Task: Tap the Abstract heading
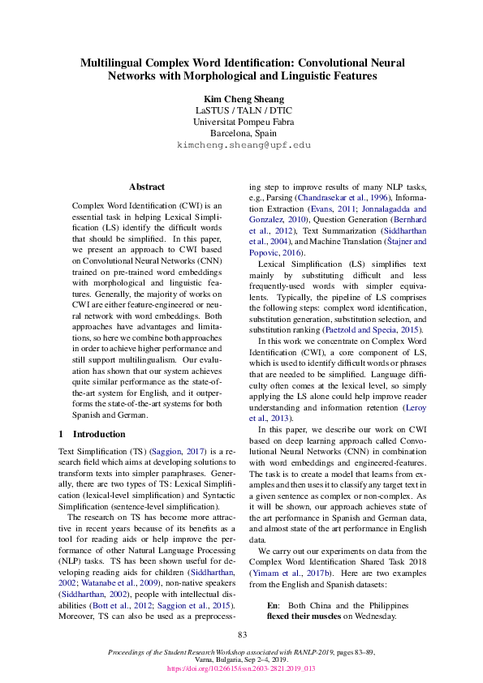pyautogui.click(x=147, y=186)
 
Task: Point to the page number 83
pyautogui.click(x=241, y=634)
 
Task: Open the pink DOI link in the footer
pyautogui.click(x=241, y=669)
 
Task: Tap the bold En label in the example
pyautogui.click(x=273, y=605)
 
